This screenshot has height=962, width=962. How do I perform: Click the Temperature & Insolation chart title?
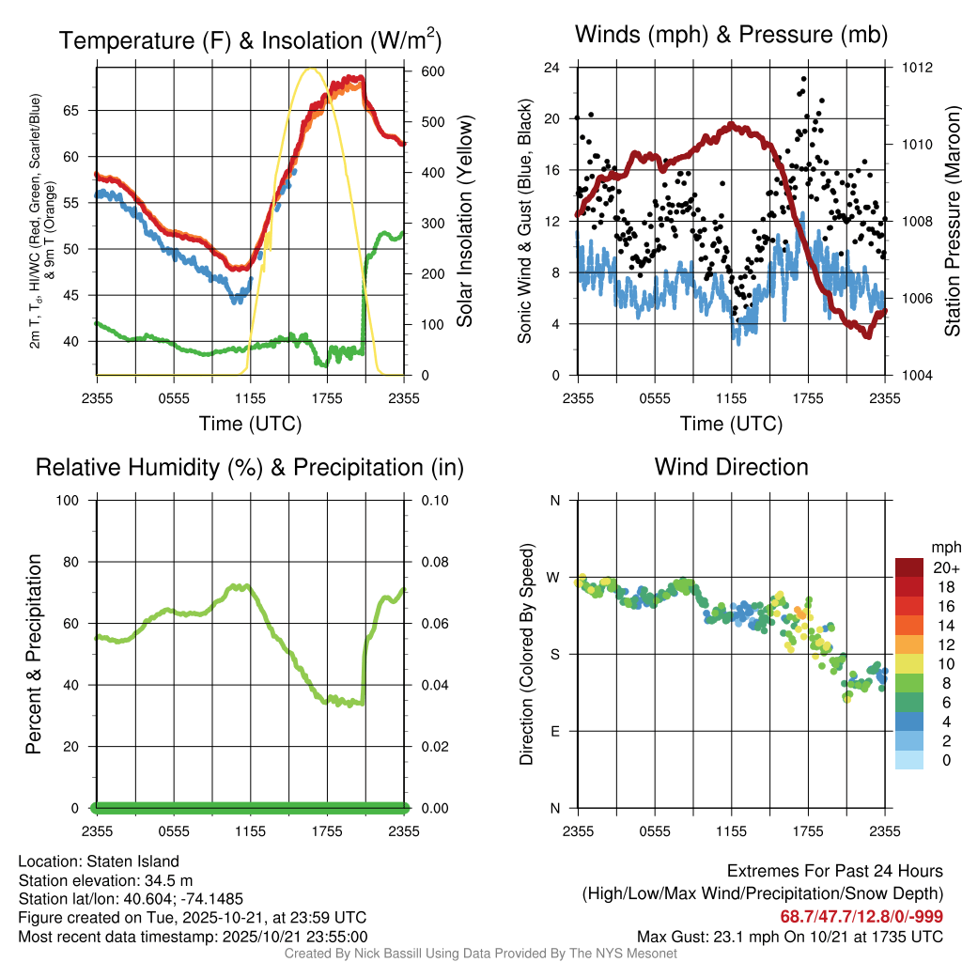(x=250, y=40)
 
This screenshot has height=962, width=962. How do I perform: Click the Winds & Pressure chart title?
(x=731, y=35)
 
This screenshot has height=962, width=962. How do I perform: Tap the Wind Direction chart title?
(x=731, y=467)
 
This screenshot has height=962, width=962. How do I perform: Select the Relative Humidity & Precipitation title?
(x=250, y=467)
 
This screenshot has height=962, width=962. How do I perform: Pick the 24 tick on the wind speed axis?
(x=552, y=68)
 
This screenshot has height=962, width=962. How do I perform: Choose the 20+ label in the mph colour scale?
(x=945, y=567)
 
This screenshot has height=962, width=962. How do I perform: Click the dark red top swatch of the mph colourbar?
(x=909, y=567)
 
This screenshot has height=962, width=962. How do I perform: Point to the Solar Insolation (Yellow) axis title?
(x=464, y=221)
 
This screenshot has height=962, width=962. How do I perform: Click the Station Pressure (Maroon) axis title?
(x=951, y=221)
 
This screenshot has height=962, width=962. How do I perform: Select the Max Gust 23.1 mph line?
(x=790, y=936)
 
